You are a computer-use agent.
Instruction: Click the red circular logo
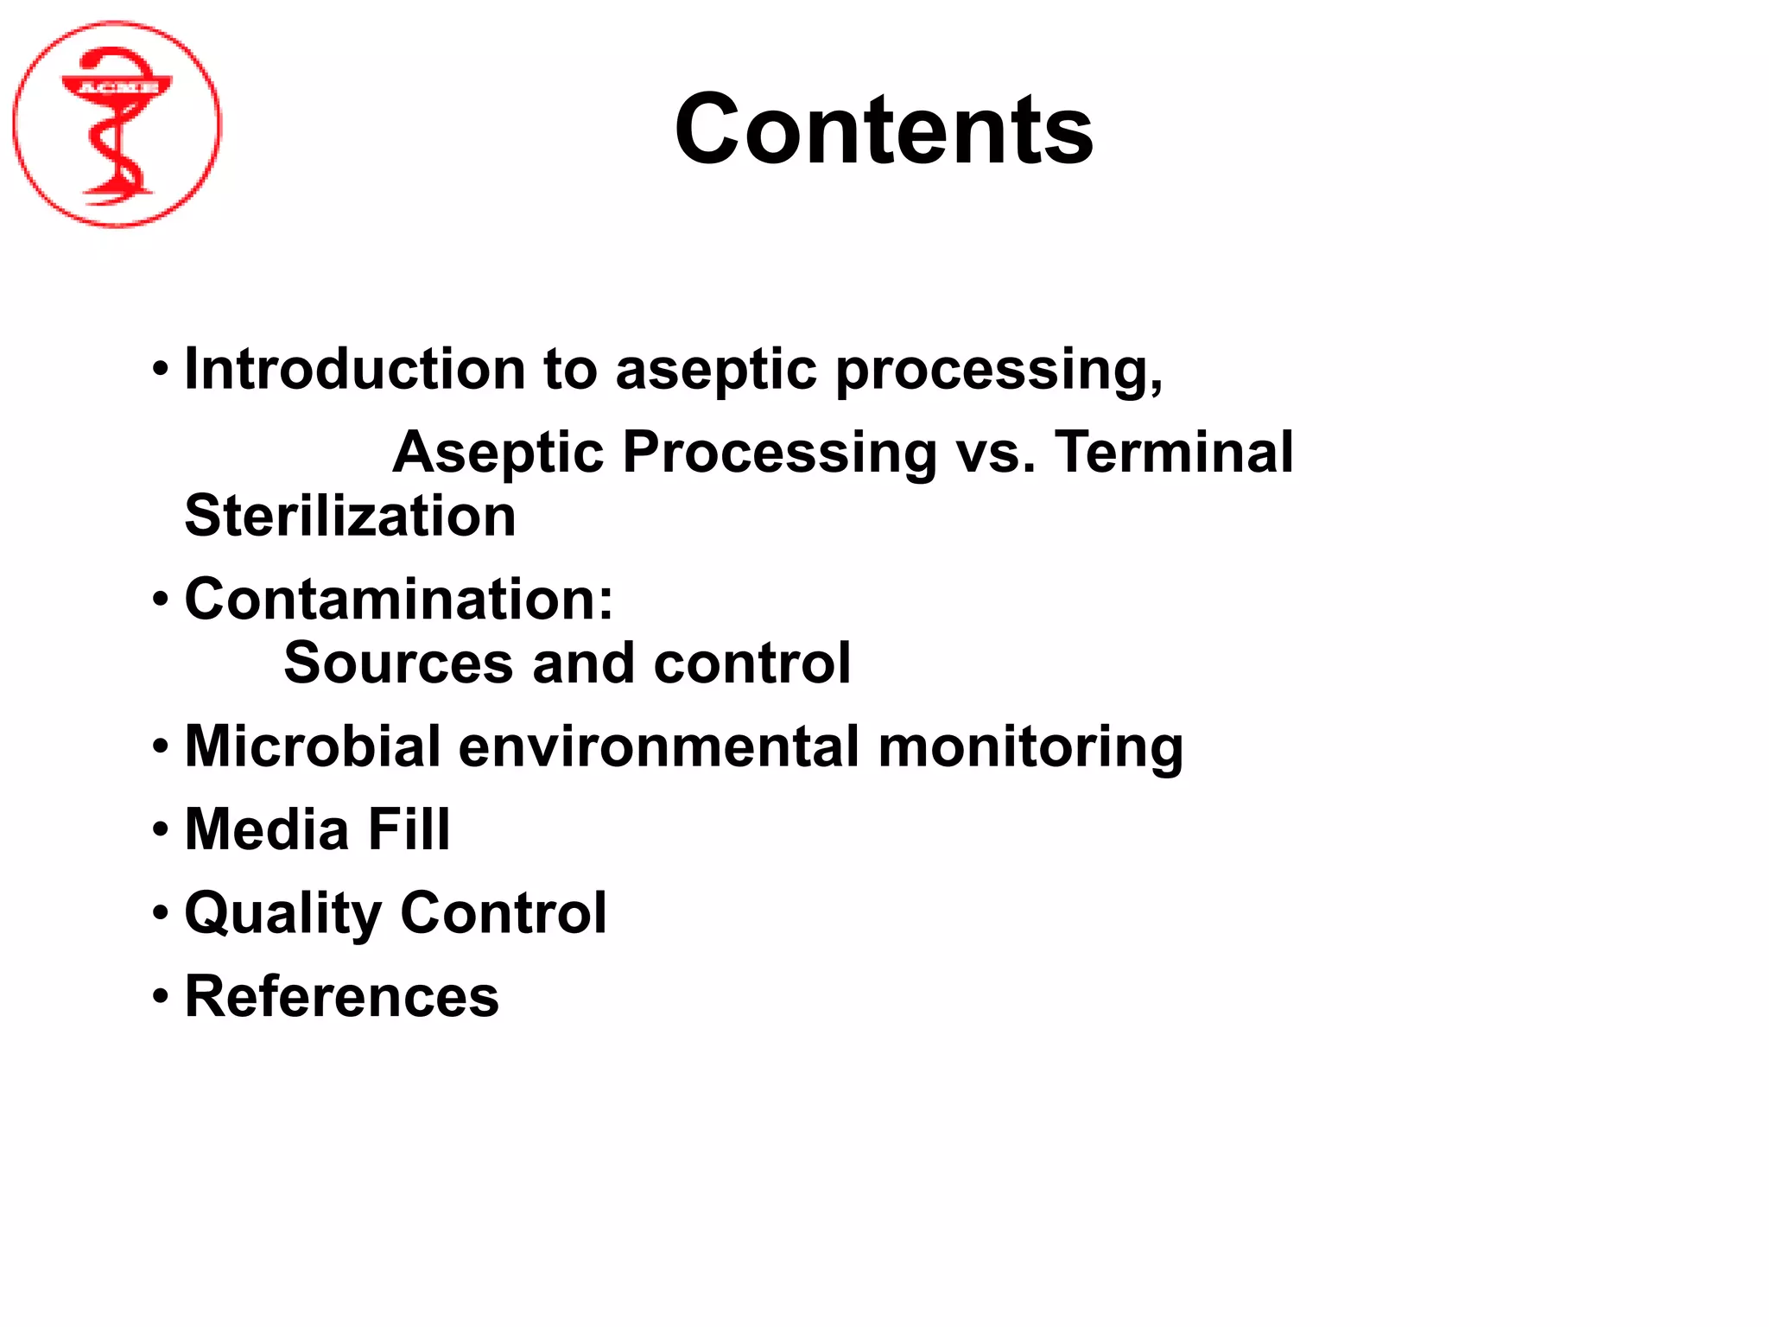coord(117,125)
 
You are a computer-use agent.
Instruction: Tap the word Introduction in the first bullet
coord(355,370)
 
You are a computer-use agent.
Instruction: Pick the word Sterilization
coord(350,516)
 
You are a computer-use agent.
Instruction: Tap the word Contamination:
coord(398,599)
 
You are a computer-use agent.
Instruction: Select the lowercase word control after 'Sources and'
coord(752,663)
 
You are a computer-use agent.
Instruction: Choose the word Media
coord(267,829)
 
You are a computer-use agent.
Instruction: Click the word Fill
coord(409,829)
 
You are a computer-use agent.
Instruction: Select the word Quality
coord(282,914)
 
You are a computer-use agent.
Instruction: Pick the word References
coord(341,996)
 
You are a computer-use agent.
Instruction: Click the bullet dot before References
coord(161,997)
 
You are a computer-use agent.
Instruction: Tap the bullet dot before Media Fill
coord(161,830)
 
